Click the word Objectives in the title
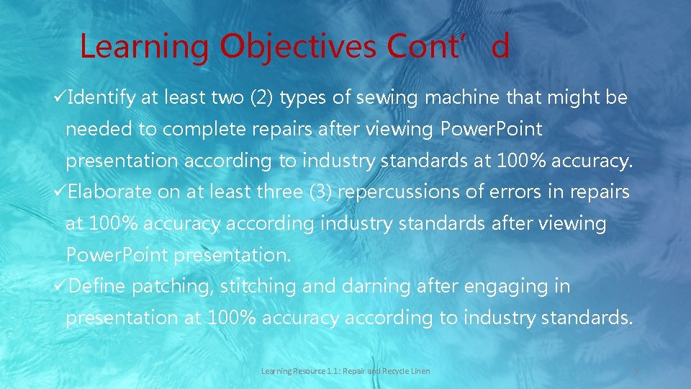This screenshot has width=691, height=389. click(298, 48)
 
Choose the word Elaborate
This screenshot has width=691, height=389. click(110, 192)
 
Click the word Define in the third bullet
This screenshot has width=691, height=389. click(98, 287)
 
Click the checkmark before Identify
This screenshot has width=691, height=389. click(59, 98)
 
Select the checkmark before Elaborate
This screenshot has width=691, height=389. click(59, 192)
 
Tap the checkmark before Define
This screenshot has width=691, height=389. click(59, 287)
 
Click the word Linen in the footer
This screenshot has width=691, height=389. click(419, 371)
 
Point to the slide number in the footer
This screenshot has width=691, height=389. click(636, 371)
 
